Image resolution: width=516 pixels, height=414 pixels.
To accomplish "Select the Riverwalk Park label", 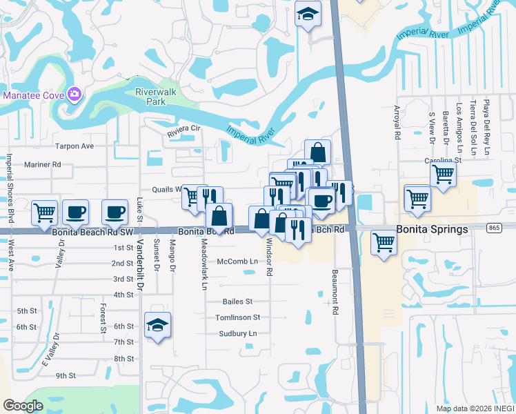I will point(150,96).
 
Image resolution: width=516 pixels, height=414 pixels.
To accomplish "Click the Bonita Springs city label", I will point(433,228).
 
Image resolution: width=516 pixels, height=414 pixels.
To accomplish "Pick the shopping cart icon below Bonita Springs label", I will point(384,241).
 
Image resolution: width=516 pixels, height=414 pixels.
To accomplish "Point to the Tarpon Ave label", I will point(74,146).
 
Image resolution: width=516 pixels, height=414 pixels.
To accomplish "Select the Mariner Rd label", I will point(43,165).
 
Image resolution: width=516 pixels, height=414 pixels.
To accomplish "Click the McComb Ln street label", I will point(237,262).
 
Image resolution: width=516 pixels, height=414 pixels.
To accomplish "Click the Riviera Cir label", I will point(183,128).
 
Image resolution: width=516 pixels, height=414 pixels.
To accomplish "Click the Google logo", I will point(23,406).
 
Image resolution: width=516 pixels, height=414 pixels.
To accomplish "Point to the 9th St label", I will point(66,375).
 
